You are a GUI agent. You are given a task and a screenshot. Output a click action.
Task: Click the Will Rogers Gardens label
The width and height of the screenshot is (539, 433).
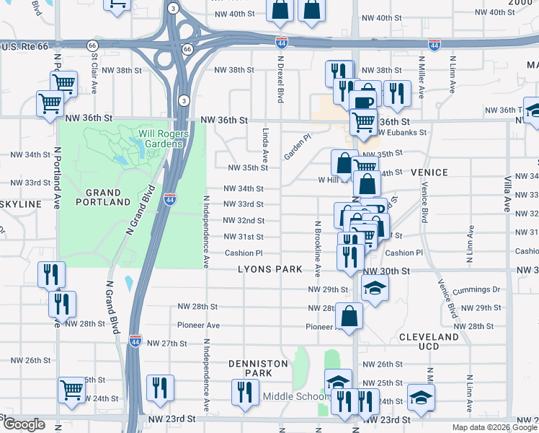pos(147,139)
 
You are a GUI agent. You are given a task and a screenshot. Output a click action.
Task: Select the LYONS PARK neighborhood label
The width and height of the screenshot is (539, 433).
pos(270,269)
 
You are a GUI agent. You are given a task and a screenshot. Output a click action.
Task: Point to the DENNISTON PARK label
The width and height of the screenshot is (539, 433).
pos(257,368)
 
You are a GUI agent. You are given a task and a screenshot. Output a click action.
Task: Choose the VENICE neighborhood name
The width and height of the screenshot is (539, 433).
pos(429,173)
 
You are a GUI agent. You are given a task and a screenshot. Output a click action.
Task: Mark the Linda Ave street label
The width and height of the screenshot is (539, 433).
pos(266,144)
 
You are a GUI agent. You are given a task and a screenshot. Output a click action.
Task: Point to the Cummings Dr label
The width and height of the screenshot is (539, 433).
pos(476,290)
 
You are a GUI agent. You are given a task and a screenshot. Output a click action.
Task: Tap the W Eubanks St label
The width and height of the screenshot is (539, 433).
pos(402,133)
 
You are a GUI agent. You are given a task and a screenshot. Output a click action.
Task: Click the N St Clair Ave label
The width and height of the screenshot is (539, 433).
pos(94,79)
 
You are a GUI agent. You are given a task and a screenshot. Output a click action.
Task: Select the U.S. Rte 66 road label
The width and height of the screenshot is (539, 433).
pos(24,46)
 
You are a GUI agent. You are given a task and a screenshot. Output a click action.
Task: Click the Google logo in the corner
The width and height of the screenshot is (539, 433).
pos(24,424)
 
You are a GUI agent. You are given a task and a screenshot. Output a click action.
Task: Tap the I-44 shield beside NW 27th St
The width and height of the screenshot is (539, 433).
pos(135,338)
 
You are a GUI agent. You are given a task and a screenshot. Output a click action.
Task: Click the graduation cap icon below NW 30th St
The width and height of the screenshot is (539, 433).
pos(375,289)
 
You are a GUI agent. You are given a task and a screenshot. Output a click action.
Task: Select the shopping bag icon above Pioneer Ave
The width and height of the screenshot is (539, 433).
pos(349,316)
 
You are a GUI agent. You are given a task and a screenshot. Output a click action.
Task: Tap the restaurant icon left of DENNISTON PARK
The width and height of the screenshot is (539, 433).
pos(160,388)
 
